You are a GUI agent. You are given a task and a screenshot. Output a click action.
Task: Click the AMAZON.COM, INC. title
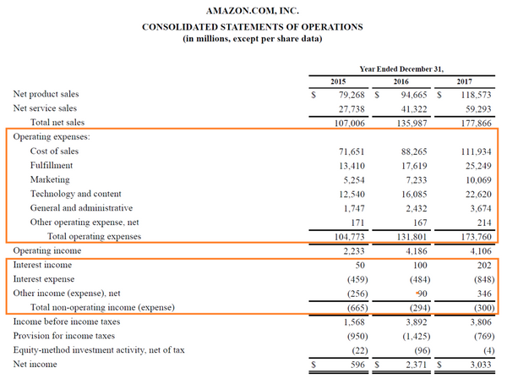pyautogui.click(x=252, y=12)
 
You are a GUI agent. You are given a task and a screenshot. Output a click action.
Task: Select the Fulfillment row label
pyautogui.click(x=52, y=165)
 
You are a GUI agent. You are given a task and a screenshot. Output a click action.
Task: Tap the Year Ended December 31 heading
pyautogui.click(x=401, y=68)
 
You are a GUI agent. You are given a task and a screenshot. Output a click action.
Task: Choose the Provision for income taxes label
pyautogui.click(x=65, y=336)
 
